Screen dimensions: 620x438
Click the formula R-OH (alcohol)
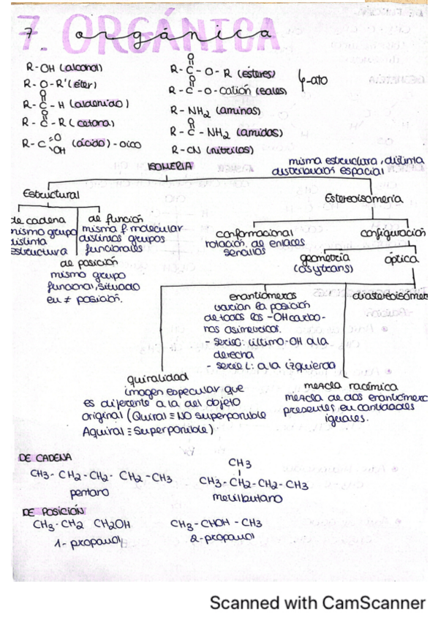pos(63,67)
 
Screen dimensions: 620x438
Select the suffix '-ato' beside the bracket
pos(312,83)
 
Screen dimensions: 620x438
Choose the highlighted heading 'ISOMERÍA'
pos(170,166)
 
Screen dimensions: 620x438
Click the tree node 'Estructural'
pos(51,194)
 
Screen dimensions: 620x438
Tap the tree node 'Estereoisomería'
pos(363,199)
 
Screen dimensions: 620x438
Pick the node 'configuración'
pos(393,232)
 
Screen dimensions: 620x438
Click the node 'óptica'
pos(402,259)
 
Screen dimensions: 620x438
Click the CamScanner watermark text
pos(317,602)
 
